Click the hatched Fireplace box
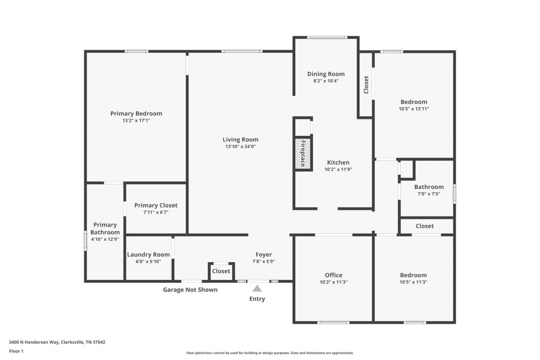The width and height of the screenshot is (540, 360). (x=303, y=153)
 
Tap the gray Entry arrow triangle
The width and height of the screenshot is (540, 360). (x=257, y=288)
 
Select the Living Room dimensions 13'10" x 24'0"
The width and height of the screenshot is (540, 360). (x=240, y=146)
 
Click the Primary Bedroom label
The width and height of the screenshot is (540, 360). (x=136, y=114)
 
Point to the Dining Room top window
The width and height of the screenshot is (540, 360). (x=327, y=38)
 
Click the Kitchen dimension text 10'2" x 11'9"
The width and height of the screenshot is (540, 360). (x=338, y=169)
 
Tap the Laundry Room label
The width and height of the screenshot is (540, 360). (x=148, y=254)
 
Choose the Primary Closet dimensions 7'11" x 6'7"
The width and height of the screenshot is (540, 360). (x=156, y=212)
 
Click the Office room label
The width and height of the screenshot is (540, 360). (x=333, y=275)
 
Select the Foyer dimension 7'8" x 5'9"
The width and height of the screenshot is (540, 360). (x=264, y=261)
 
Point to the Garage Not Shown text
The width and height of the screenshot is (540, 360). (x=190, y=290)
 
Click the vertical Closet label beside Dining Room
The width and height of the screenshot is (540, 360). (x=366, y=85)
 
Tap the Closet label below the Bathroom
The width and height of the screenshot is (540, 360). (x=424, y=226)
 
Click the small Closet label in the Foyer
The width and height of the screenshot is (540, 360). (x=221, y=271)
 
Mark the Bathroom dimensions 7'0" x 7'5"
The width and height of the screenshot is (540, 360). (x=429, y=194)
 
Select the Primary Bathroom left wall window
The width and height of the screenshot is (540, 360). (x=85, y=241)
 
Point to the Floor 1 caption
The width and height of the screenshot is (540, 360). (x=16, y=351)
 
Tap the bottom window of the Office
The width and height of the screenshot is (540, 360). (x=333, y=322)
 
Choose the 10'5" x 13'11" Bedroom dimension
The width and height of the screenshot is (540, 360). (x=414, y=109)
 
